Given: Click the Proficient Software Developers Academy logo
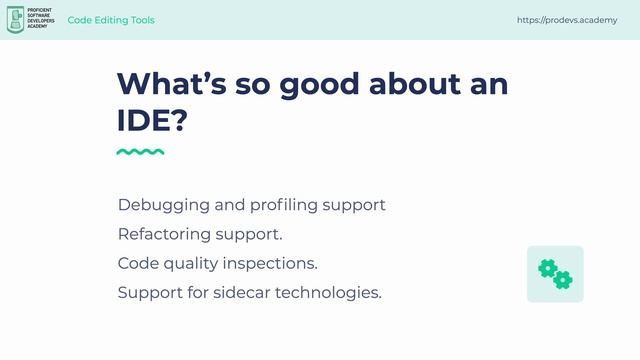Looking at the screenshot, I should pyautogui.click(x=31, y=20).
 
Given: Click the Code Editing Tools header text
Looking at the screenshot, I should pyautogui.click(x=111, y=20).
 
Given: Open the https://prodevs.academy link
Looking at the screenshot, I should pyautogui.click(x=567, y=20).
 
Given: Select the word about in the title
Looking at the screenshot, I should pyautogui.click(x=413, y=84).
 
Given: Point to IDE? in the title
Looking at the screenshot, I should pyautogui.click(x=152, y=122).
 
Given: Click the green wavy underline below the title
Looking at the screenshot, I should pyautogui.click(x=140, y=152).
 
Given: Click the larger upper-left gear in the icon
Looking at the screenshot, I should pyautogui.click(x=547, y=267).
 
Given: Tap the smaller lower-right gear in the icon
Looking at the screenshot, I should pyautogui.click(x=563, y=279).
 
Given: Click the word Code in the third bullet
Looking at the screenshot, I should pyautogui.click(x=137, y=264).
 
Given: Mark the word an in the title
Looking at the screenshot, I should pyautogui.click(x=488, y=84).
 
